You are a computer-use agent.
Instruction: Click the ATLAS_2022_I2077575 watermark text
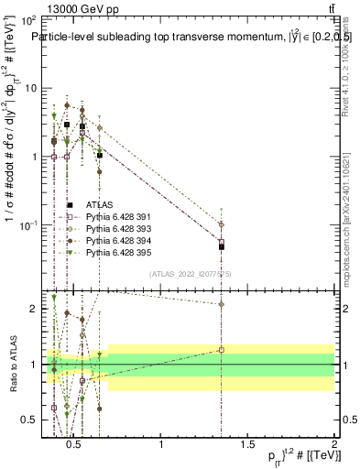[x=191, y=273]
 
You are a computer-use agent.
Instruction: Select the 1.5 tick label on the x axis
[x=247, y=445]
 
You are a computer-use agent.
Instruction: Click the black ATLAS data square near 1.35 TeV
[x=222, y=246]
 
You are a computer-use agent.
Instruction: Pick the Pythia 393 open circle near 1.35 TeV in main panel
[x=222, y=224]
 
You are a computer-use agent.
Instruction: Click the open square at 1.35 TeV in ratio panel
[x=222, y=350]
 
